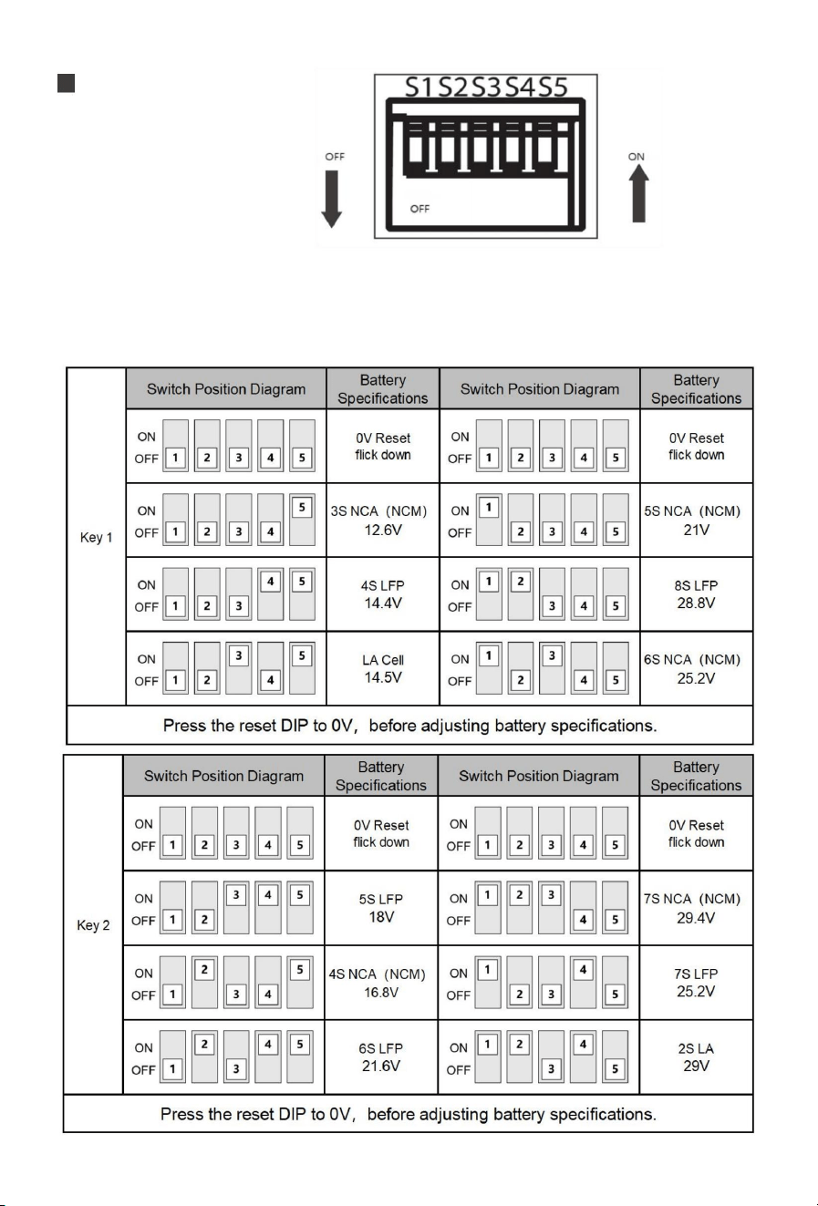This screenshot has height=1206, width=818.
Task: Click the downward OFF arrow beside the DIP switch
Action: [x=332, y=199]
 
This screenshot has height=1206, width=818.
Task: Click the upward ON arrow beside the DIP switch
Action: [x=638, y=192]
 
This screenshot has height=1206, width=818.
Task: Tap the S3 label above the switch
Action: [x=486, y=88]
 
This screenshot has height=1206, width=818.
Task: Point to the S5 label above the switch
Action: [x=554, y=88]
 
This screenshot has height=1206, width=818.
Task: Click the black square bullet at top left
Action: [x=66, y=84]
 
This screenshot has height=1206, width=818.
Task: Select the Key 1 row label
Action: [x=96, y=537]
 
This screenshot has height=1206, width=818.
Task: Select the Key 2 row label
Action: [x=93, y=925]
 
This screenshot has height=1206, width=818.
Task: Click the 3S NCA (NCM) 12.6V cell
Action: [x=382, y=521]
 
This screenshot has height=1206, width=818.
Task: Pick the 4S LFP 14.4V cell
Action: [x=382, y=593]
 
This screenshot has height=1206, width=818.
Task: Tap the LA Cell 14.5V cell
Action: [x=382, y=668]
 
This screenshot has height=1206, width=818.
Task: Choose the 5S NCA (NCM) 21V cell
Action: [x=696, y=521]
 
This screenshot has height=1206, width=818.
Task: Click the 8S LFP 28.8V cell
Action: [x=696, y=593]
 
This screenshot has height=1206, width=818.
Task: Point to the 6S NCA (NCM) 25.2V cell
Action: [x=696, y=668]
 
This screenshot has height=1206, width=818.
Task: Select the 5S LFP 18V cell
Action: [x=380, y=908]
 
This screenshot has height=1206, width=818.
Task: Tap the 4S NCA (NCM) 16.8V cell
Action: [x=380, y=983]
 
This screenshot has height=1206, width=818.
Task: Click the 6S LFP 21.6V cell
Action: [x=380, y=1057]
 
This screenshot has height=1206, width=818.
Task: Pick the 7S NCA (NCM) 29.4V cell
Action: [x=696, y=908]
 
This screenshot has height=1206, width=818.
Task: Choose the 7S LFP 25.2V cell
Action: [x=696, y=983]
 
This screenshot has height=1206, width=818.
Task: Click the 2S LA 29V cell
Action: [x=696, y=1057]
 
